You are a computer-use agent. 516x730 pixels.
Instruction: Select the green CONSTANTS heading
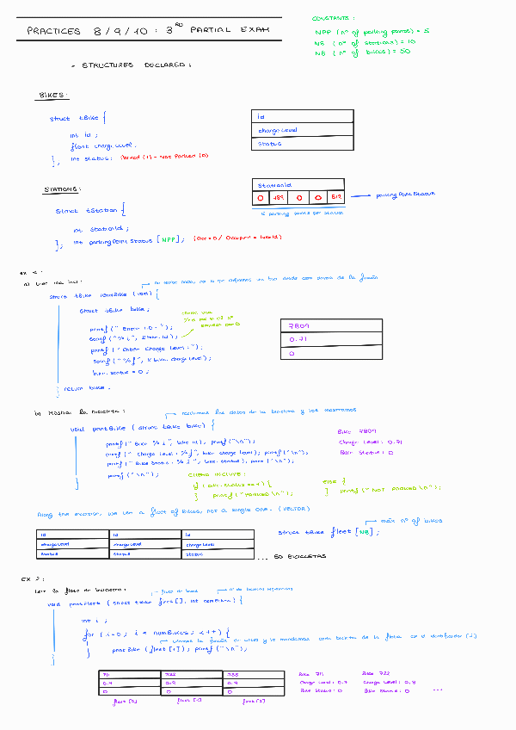click(334, 17)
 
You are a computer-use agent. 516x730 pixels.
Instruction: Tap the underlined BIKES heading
click(54, 96)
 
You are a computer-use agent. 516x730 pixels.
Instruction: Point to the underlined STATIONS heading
click(63, 189)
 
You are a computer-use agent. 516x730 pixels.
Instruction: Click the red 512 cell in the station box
click(335, 198)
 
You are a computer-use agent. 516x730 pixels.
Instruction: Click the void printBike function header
click(138, 426)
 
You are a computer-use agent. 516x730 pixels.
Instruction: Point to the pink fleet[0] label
click(126, 702)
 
